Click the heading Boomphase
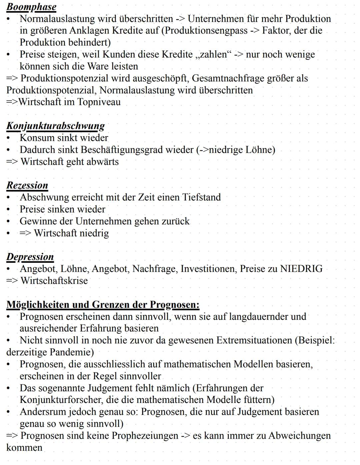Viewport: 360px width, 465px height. [x=31, y=7]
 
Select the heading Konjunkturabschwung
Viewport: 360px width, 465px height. [x=55, y=126]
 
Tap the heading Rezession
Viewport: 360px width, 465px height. [x=27, y=185]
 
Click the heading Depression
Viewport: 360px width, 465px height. [x=30, y=257]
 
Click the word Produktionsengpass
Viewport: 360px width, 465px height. [x=206, y=31]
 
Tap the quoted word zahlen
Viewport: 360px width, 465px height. [x=214, y=54]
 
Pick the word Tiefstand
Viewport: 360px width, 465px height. [x=201, y=197]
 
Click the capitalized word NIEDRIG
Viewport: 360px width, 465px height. [x=301, y=269]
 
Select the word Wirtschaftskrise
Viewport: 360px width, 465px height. [x=54, y=281]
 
